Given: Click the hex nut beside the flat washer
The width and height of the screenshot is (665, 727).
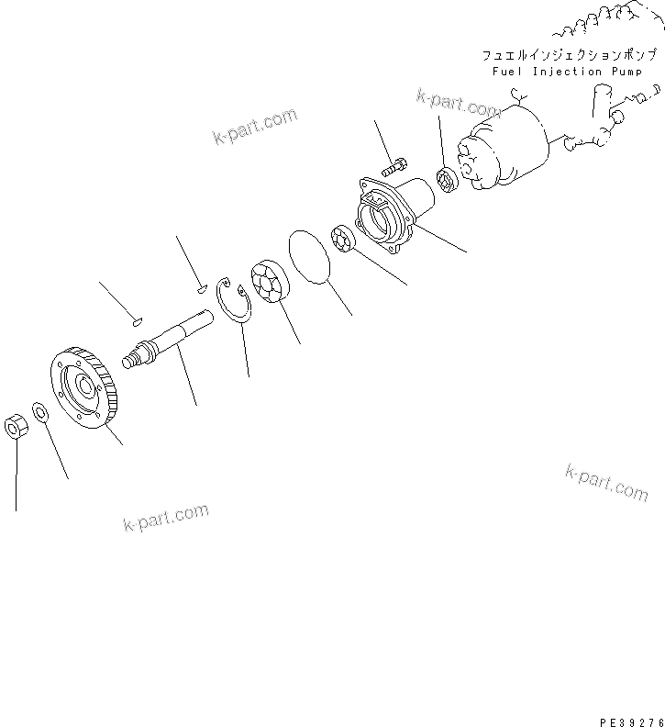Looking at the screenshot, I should pyautogui.click(x=16, y=427).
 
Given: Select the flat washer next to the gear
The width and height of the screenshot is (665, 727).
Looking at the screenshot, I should pyautogui.click(x=41, y=410).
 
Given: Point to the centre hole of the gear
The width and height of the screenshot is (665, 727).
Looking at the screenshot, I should pyautogui.click(x=94, y=386).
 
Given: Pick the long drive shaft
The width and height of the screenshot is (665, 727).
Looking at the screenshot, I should pyautogui.click(x=174, y=334).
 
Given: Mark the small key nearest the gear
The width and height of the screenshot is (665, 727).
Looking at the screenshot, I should pyautogui.click(x=136, y=321).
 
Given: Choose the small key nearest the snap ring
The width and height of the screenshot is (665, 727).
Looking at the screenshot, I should pyautogui.click(x=201, y=290).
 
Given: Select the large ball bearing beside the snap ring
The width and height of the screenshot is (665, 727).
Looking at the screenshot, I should pyautogui.click(x=268, y=281).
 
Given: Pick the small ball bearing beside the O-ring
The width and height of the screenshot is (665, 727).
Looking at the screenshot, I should pyautogui.click(x=345, y=240).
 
